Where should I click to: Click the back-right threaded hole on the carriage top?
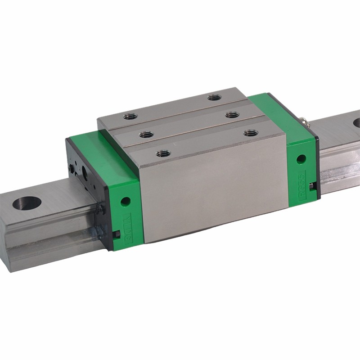tap(213, 98)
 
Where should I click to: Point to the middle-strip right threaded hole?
tap(232, 115)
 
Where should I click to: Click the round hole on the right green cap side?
tap(301, 158)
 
